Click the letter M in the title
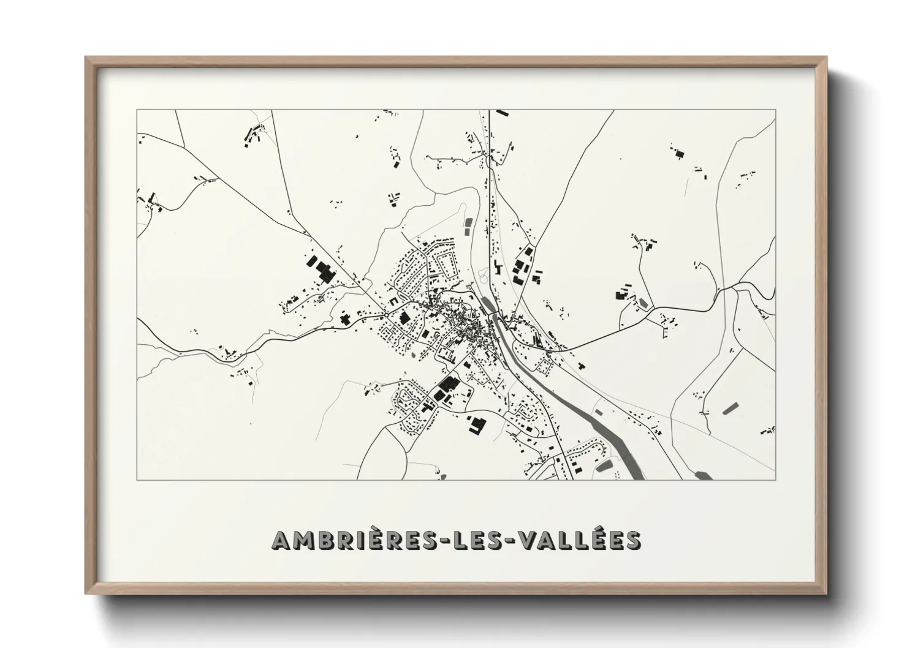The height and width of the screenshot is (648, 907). click(x=301, y=540)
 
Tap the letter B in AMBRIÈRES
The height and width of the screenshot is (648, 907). click(x=323, y=540)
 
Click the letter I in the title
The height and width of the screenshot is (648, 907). click(x=360, y=540)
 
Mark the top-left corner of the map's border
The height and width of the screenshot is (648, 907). click(x=137, y=110)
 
